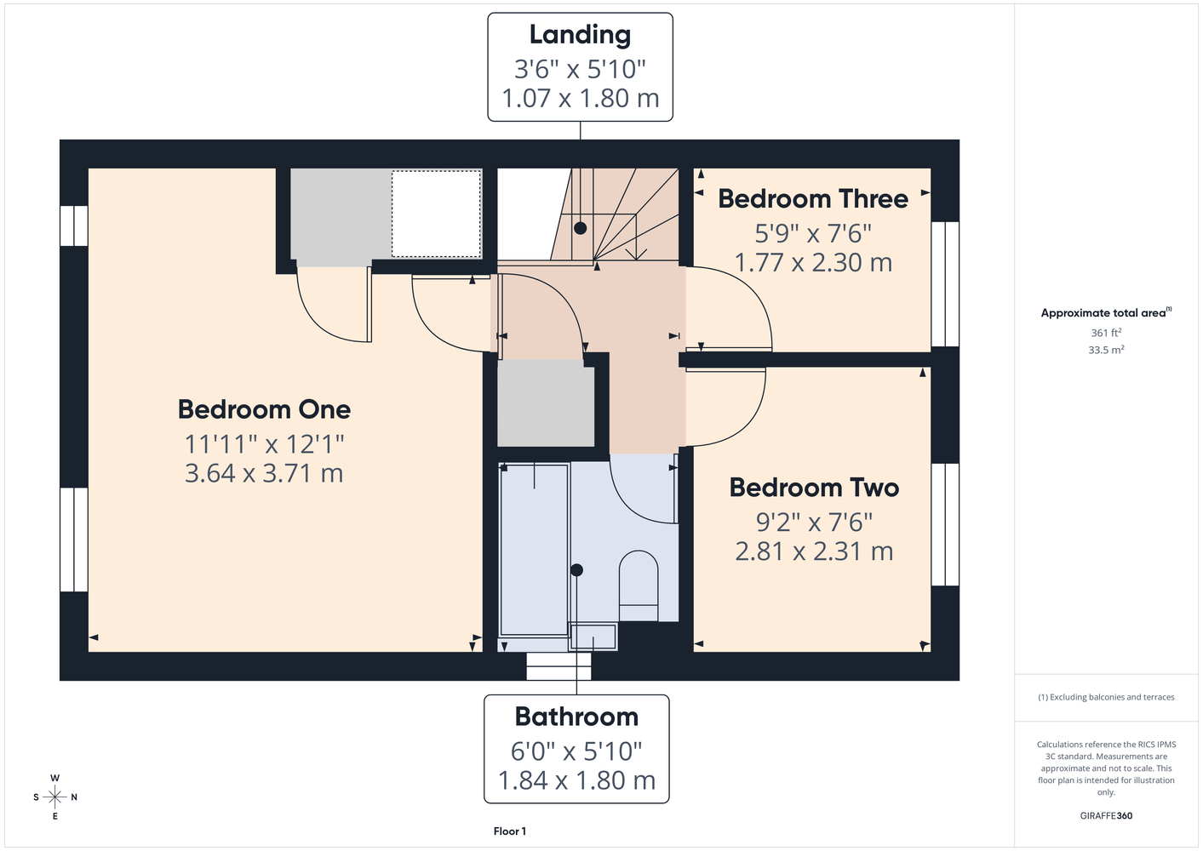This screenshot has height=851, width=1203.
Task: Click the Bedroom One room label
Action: click(x=264, y=409)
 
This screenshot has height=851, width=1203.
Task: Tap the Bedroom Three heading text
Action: click(x=813, y=198)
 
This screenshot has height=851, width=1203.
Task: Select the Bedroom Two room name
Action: click(x=814, y=488)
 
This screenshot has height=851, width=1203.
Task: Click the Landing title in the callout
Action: click(x=580, y=35)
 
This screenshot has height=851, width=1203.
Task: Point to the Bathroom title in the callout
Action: click(x=576, y=717)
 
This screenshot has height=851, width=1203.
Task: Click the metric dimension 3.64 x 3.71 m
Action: click(x=264, y=473)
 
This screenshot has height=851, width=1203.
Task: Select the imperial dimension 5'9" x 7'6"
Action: click(x=813, y=233)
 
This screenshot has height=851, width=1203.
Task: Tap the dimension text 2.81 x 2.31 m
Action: click(x=814, y=551)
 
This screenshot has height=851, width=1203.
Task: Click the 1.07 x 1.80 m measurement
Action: click(x=580, y=98)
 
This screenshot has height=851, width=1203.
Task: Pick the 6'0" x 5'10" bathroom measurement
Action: click(x=576, y=751)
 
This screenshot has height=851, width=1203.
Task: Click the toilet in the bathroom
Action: click(x=639, y=585)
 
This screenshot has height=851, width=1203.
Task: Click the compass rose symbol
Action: click(x=54, y=797)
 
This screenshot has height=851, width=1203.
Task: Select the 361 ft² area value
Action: click(x=1106, y=333)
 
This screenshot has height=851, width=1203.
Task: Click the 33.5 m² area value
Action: click(x=1106, y=350)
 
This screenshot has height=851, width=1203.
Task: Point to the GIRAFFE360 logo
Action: click(x=1106, y=815)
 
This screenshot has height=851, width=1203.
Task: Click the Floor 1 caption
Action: click(x=510, y=831)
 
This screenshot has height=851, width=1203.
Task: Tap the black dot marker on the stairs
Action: click(x=580, y=228)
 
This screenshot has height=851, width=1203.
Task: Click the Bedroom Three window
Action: click(x=945, y=284)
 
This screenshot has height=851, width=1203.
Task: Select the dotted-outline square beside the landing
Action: click(x=436, y=214)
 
